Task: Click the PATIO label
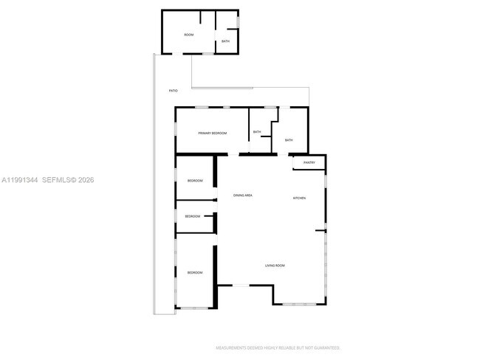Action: pos(173,91)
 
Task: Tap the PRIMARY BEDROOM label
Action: pos(212,133)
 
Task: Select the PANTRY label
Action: pos(309,162)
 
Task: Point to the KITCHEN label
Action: pos(299,198)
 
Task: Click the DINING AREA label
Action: pos(243,195)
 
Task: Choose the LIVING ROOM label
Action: pos(275,266)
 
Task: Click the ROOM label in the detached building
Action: pos(188,35)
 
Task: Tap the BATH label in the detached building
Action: pos(225,41)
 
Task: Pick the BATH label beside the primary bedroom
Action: pos(257,132)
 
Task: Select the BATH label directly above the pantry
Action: pos(289,140)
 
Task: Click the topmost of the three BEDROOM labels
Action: pos(195,181)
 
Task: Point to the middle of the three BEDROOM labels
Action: pos(193,216)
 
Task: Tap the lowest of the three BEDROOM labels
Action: pos(195,273)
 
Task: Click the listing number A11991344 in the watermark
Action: pos(19,180)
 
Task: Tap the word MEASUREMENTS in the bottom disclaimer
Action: pos(230,347)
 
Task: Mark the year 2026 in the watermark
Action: pos(84,180)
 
